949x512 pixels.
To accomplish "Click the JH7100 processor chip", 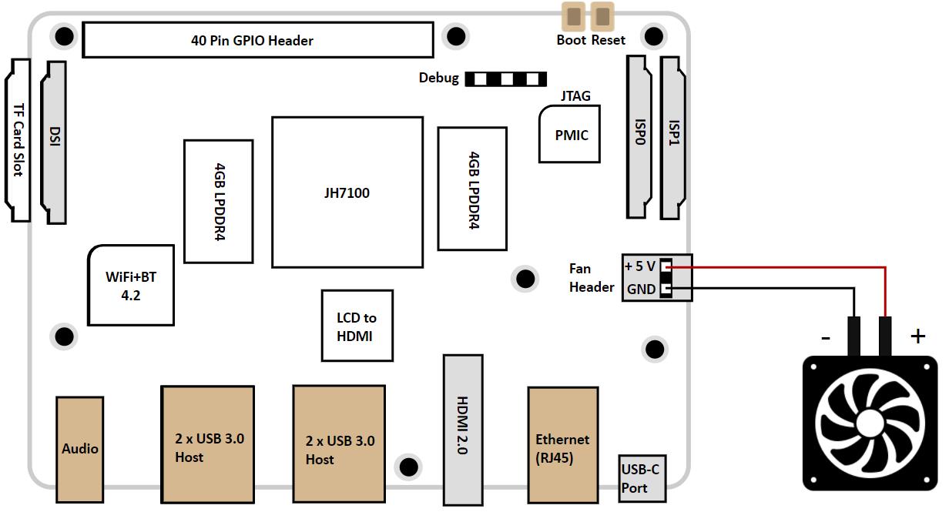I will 347,192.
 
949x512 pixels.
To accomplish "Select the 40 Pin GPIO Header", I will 257,40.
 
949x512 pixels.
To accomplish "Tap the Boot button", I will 573,15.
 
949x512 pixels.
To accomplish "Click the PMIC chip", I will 571,135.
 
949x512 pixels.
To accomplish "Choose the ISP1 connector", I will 674,136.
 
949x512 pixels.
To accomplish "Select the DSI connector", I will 54,142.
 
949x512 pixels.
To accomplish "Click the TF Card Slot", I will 18,140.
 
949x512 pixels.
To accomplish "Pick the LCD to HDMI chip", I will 357,326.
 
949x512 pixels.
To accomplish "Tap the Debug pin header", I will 505,79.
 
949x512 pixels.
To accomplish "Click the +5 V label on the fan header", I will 639,266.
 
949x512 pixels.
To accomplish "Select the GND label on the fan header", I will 641,289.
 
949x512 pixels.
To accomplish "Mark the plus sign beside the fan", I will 917,336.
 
